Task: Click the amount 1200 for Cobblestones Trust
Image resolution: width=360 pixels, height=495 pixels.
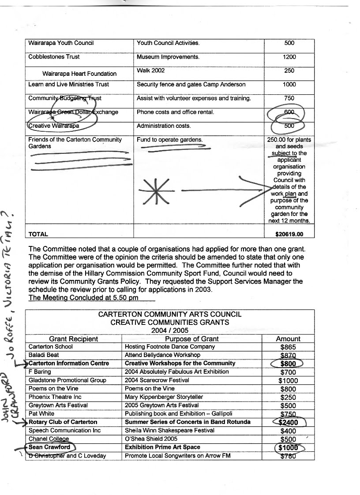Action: point(290,57)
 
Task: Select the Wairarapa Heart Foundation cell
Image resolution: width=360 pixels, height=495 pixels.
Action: point(79,74)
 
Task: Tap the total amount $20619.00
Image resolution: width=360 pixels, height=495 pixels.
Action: point(289,234)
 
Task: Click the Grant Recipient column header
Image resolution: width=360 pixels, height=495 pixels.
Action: point(74,339)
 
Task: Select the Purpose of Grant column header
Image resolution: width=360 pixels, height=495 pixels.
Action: point(192,339)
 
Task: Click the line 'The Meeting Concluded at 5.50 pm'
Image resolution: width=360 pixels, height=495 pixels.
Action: point(83,298)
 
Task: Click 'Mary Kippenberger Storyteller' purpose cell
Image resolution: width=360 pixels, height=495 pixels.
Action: point(167,397)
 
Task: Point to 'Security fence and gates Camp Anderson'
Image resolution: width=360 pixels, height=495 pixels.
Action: point(191,84)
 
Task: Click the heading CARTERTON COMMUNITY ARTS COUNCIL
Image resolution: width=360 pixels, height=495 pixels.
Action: point(170,314)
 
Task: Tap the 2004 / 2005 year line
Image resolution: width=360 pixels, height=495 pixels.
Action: point(170,330)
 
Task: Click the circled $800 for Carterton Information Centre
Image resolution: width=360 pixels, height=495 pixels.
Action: point(289,364)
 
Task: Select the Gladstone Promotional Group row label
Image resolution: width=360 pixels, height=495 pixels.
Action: point(67,380)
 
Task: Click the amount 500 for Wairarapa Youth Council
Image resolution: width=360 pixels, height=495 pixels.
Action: point(290,43)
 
